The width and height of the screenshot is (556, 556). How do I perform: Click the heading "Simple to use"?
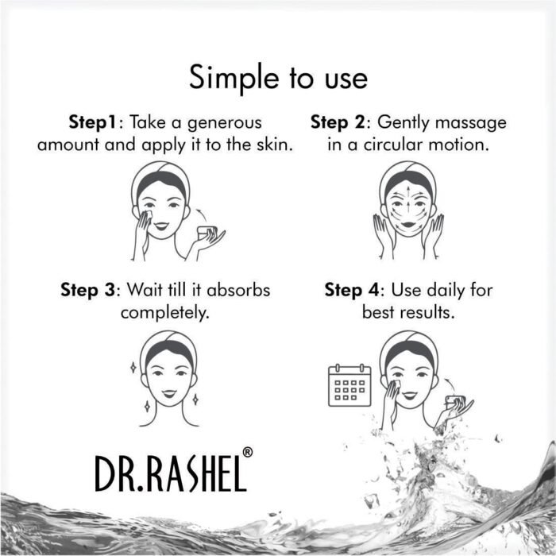(x=278, y=78)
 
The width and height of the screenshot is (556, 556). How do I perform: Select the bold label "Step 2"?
(x=340, y=122)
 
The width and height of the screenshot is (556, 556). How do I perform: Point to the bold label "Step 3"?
(x=89, y=289)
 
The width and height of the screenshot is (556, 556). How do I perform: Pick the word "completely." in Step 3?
(x=164, y=312)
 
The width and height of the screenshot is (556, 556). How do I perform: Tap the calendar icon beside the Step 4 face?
(x=349, y=385)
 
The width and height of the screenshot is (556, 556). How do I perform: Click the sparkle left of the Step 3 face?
(x=132, y=368)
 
